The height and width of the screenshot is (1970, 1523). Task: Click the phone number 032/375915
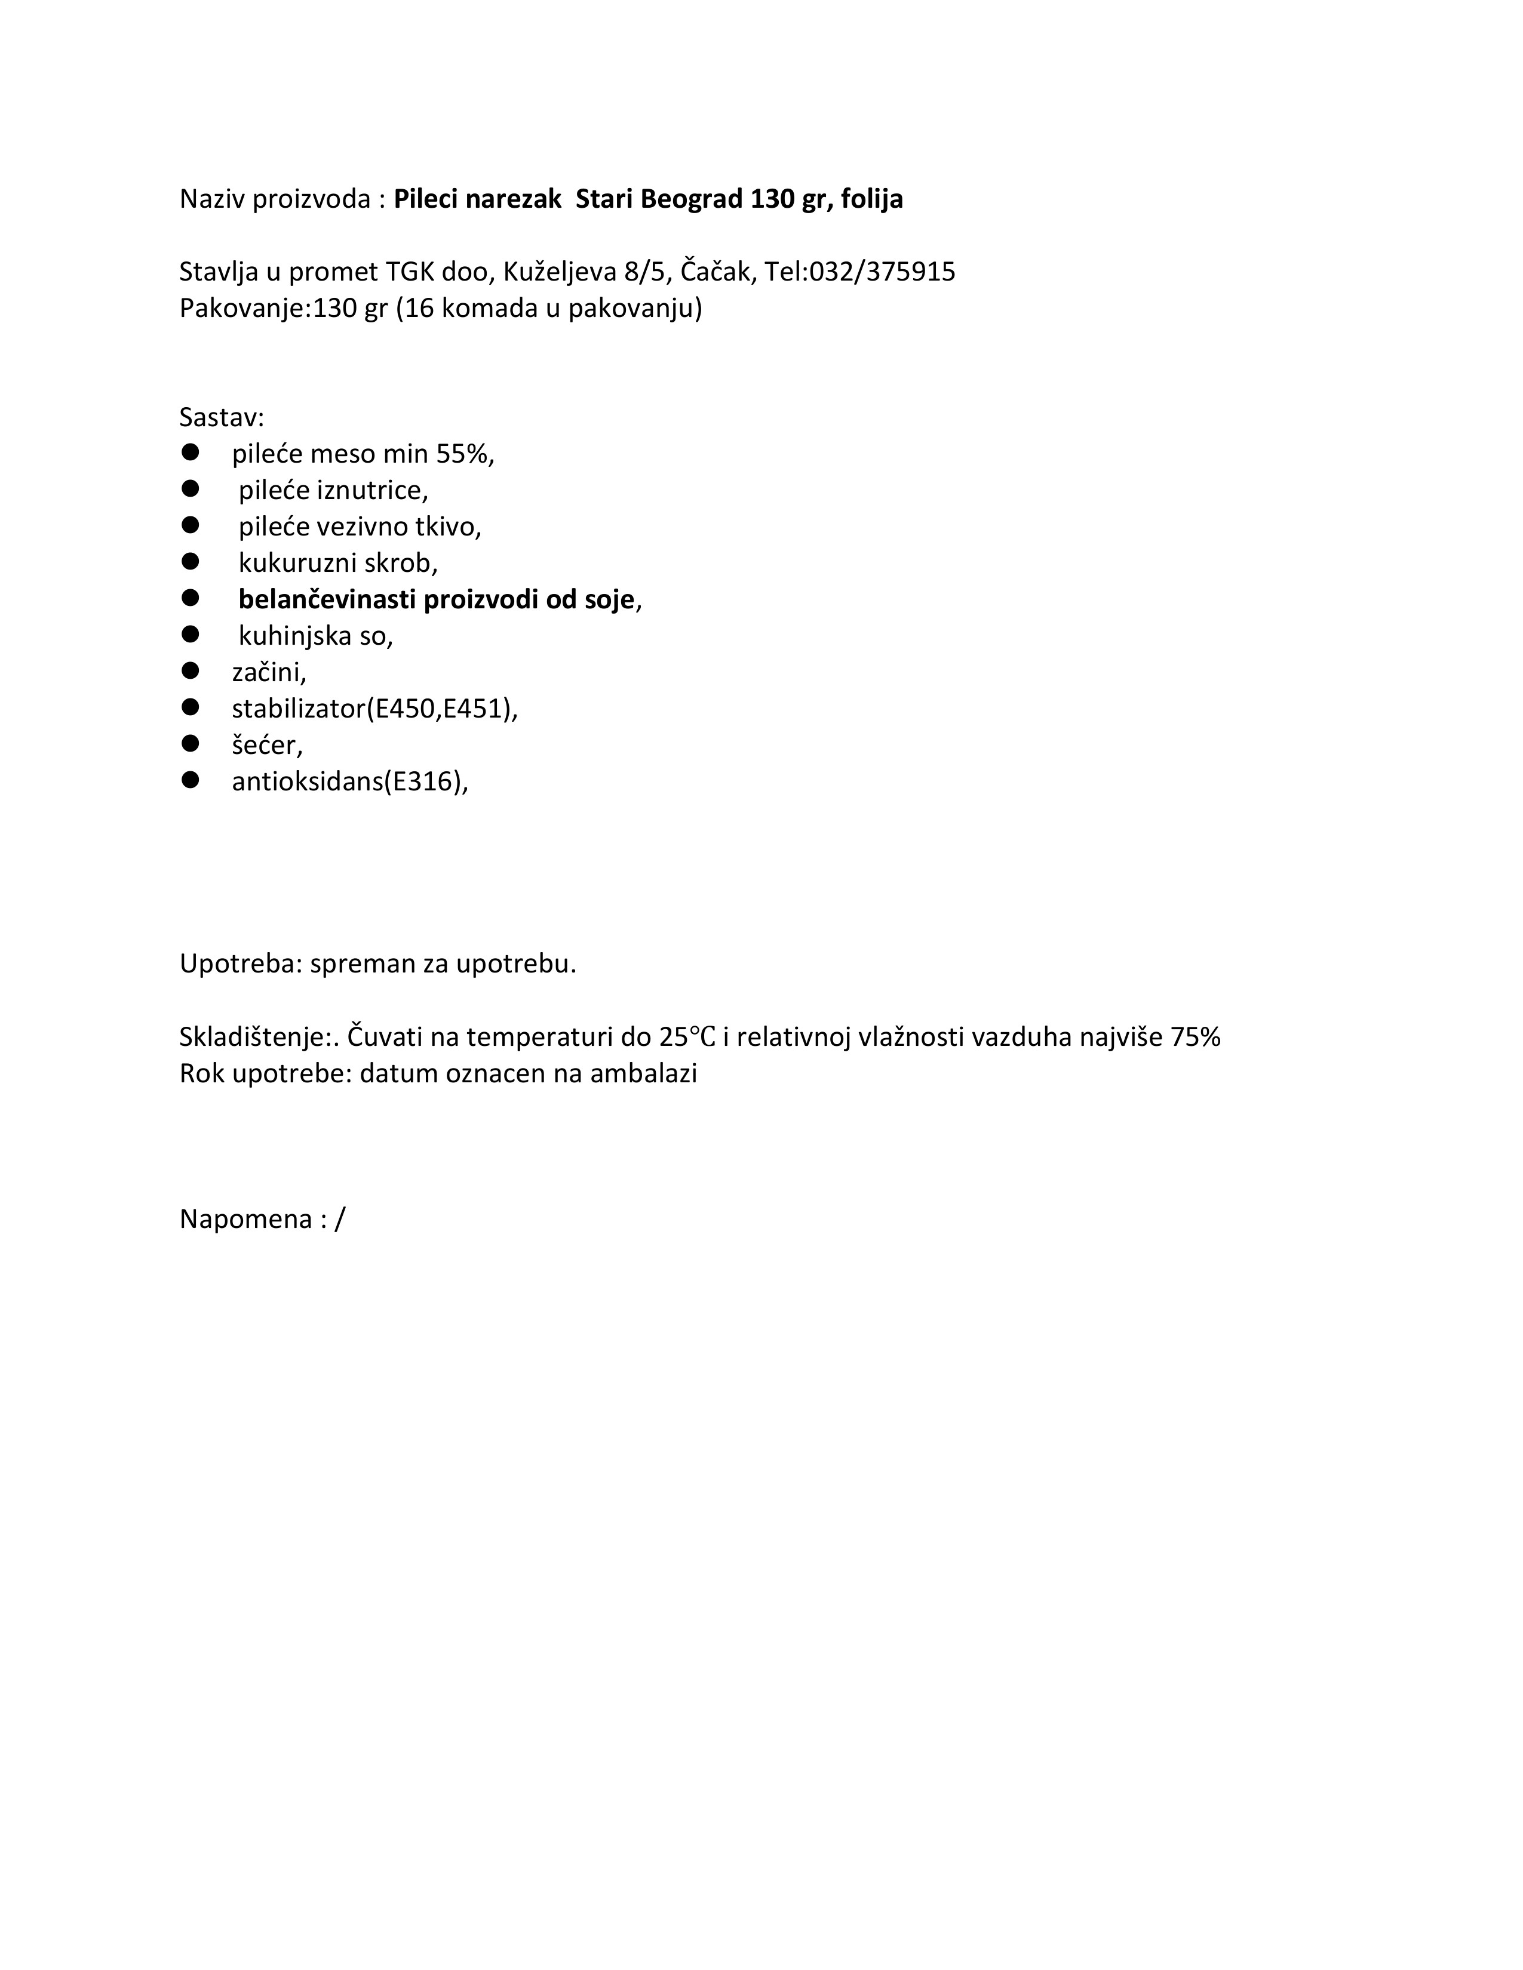tap(882, 272)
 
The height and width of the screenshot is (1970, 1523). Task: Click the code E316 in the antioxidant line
tap(421, 781)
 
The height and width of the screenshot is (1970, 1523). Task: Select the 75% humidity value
tap(1196, 1038)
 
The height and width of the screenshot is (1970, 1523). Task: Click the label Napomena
tap(246, 1220)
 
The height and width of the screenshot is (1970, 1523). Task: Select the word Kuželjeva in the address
tap(560, 272)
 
